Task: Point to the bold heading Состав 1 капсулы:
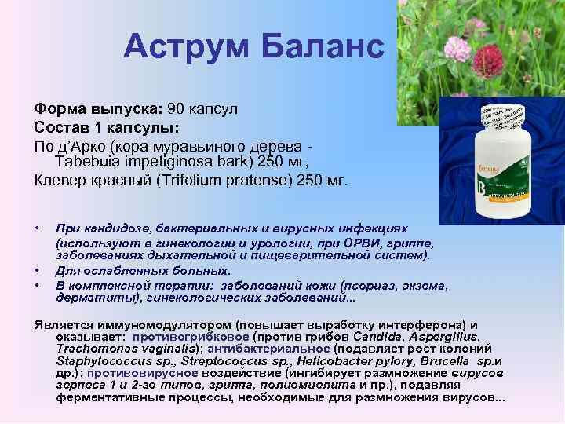107,126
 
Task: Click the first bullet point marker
37,228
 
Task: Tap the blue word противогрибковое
186,336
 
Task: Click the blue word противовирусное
133,374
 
